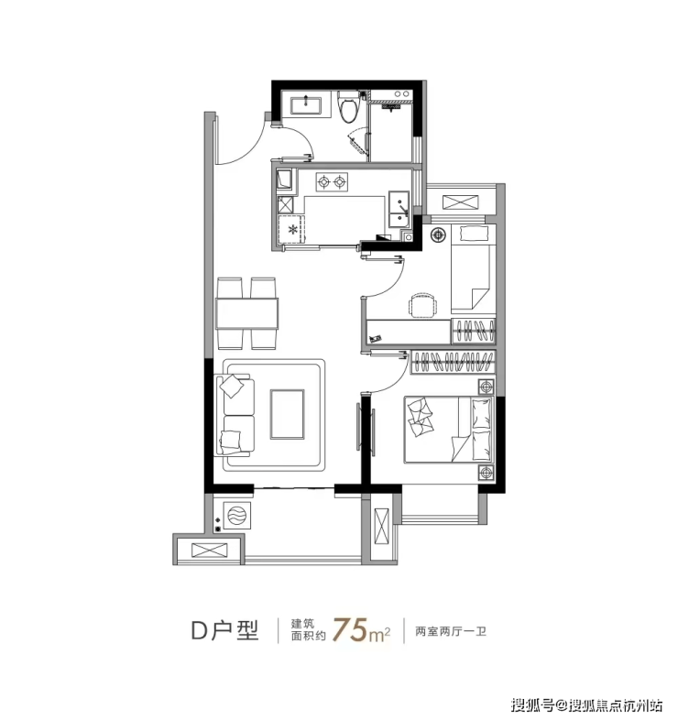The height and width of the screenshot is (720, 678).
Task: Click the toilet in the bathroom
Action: pos(348,107)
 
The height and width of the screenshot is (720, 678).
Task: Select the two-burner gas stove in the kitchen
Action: pos(332,182)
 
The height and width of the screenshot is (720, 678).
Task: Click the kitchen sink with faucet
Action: pos(399,210)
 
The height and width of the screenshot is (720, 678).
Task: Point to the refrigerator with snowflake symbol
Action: pos(291,229)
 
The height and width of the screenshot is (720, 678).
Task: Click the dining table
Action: pos(247,313)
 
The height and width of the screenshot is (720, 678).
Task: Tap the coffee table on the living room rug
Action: pos(287,414)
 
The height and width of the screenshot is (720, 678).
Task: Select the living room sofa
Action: pos(235,415)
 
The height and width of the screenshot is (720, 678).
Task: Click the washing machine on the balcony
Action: pos(237,515)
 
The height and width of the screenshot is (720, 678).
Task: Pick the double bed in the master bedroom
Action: pos(449,430)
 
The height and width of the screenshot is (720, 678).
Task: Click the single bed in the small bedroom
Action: pos(473,268)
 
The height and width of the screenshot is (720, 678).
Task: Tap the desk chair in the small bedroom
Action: pos(422,305)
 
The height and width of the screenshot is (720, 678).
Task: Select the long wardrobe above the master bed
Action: pos(453,363)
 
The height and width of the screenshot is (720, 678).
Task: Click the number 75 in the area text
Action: pos(350,630)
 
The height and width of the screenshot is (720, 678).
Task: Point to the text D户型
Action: pos(225,630)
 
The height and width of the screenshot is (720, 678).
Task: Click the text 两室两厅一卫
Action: pos(451,631)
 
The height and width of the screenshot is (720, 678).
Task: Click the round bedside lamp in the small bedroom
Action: pos(438,235)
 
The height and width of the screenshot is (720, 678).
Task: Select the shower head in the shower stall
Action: pos(390,107)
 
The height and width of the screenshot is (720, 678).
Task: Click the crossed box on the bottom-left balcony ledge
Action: pos(210,551)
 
